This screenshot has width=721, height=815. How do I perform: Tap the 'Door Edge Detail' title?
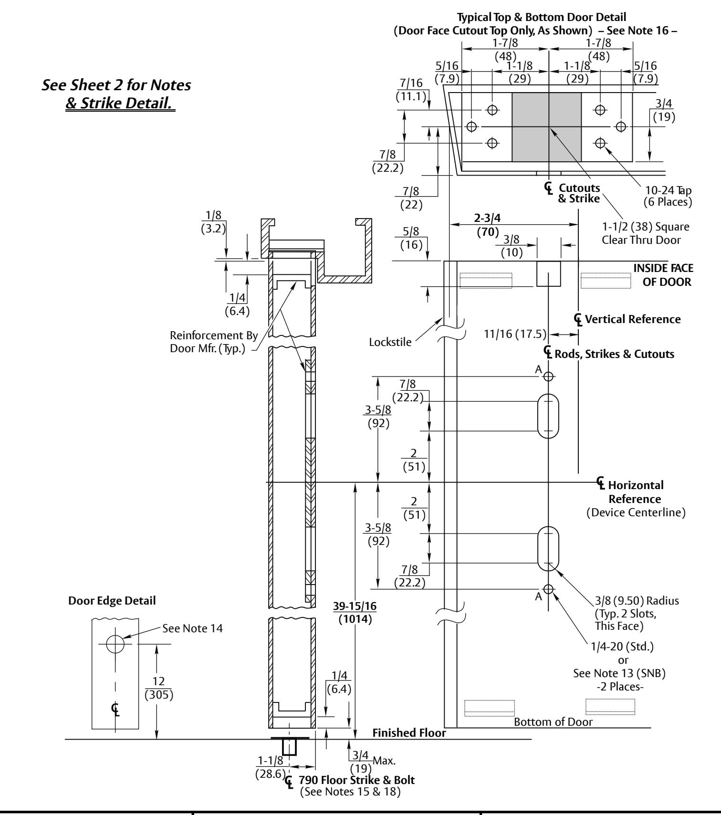point(112,601)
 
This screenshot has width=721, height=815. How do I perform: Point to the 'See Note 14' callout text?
point(192,628)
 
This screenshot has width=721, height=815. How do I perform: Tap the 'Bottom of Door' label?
point(553,721)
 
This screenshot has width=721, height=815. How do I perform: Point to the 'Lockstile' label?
point(390,342)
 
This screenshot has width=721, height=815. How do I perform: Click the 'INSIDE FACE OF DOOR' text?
point(663,275)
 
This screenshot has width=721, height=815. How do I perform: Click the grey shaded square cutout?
point(547,127)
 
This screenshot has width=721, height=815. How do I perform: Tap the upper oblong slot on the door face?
point(548,416)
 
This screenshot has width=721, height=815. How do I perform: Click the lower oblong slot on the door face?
point(548,548)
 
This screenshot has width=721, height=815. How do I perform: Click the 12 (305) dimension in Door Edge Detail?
point(159,687)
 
